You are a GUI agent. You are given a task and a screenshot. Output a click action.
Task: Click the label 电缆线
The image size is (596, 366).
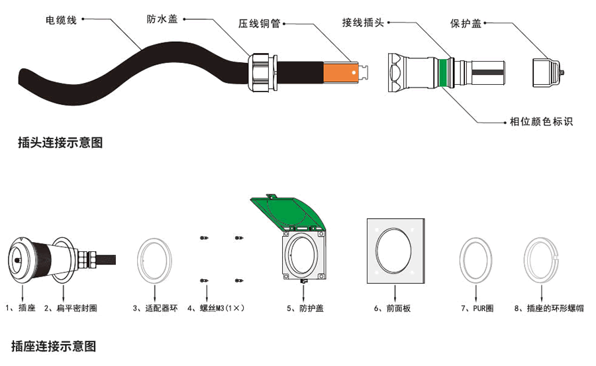click(x=61, y=20)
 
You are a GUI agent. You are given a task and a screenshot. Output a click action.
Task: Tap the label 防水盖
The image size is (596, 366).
click(x=162, y=20)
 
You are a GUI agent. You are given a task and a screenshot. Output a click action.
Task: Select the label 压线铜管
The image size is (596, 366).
click(x=260, y=24)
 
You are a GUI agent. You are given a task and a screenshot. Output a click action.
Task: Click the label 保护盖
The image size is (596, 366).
click(x=466, y=24)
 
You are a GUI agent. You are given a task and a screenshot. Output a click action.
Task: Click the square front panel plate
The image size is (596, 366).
click(x=395, y=251)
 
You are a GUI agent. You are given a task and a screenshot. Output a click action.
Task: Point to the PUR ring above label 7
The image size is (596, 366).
click(x=476, y=258)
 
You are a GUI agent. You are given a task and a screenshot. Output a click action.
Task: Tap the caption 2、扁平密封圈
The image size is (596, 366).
click(x=71, y=308)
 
